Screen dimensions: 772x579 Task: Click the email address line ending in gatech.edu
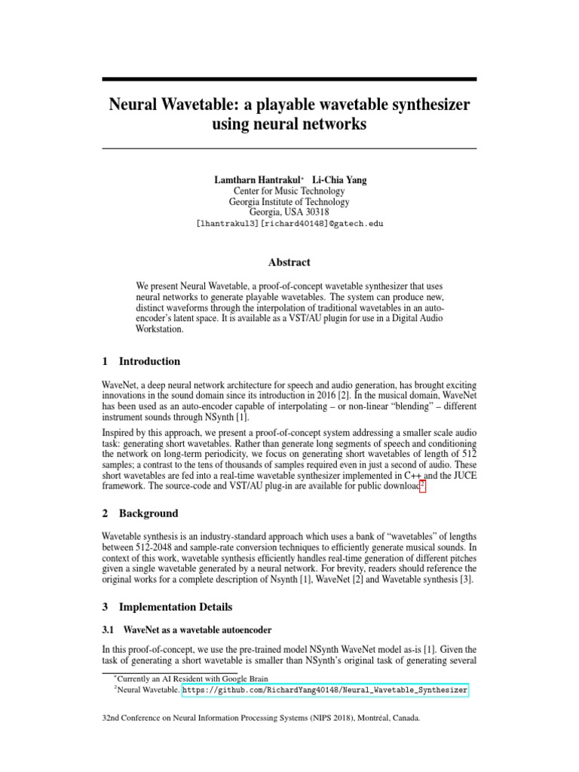click(x=289, y=224)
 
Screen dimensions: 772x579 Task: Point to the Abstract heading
click(x=289, y=262)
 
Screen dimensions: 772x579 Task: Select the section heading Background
click(x=149, y=513)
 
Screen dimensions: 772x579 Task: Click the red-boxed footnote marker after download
click(x=423, y=487)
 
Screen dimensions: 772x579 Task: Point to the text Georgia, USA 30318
click(x=289, y=213)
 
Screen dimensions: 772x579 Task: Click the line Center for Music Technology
click(x=289, y=191)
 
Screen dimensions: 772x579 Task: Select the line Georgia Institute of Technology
click(x=289, y=202)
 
